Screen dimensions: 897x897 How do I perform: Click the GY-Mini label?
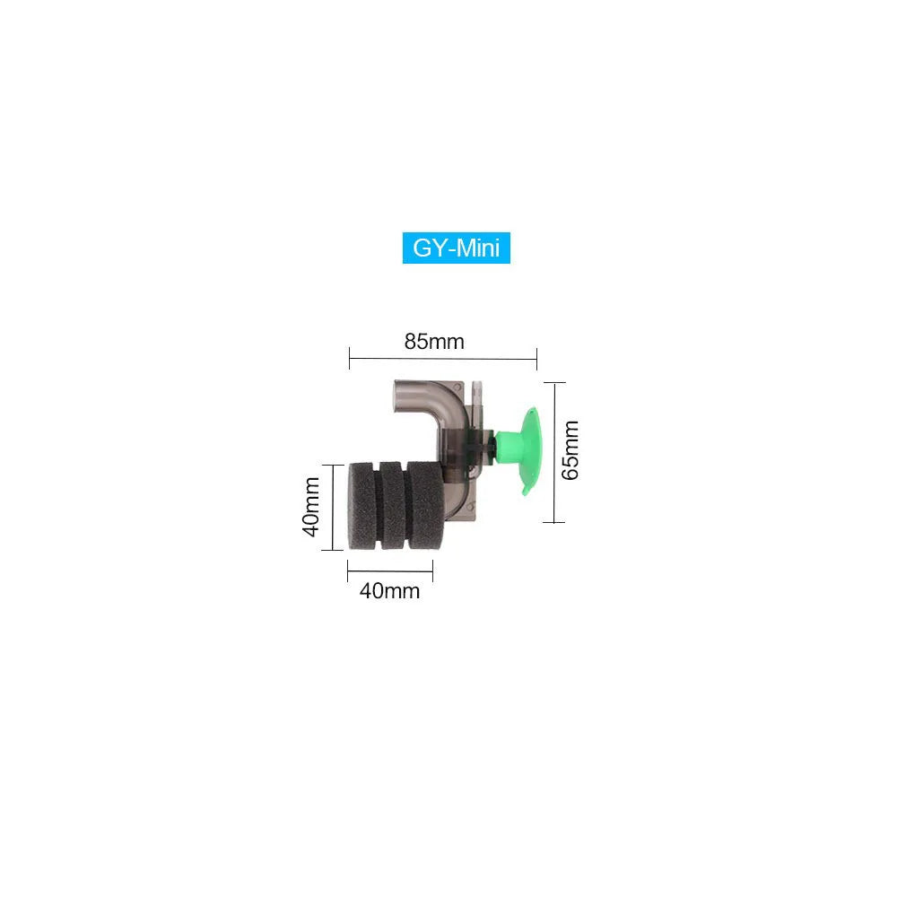456,248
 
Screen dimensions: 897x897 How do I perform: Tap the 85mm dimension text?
434,342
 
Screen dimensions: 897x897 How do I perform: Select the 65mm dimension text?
570,450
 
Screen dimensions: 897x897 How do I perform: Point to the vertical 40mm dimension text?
310,507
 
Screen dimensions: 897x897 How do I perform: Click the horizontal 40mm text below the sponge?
389,591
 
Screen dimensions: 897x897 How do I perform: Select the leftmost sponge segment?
362,506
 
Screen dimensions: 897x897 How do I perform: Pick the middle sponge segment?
393,506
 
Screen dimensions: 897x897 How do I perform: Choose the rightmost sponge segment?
425,506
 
